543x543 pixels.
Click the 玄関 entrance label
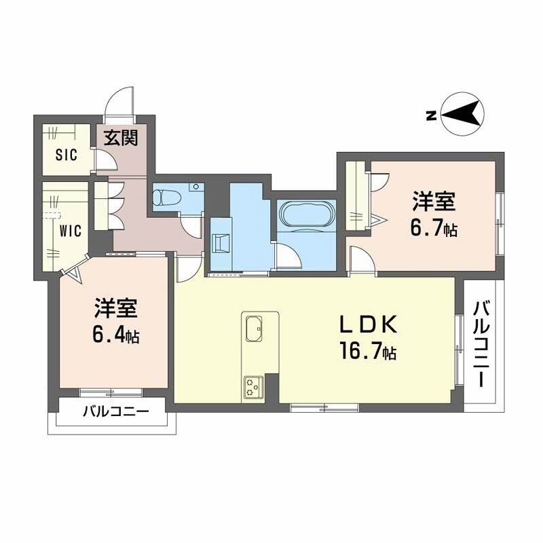(121, 138)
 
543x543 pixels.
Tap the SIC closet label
(66, 155)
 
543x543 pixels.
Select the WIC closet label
(71, 231)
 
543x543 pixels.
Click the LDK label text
(367, 324)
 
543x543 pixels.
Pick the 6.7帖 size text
(434, 228)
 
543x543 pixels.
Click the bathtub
(307, 214)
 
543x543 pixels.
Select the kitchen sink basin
(254, 329)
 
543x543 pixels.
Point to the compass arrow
(460, 113)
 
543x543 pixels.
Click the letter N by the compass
(431, 115)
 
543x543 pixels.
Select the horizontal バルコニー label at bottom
(116, 411)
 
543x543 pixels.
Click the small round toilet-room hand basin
(196, 187)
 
